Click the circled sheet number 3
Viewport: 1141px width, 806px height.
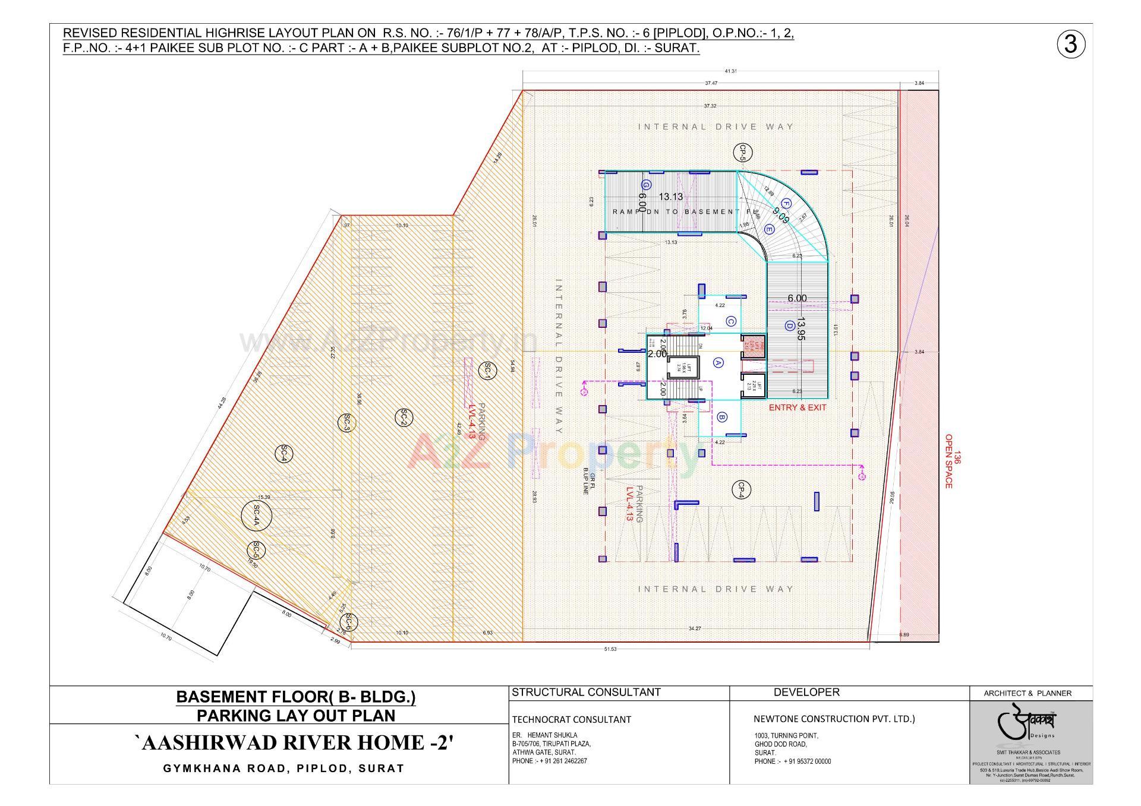pos(1071,45)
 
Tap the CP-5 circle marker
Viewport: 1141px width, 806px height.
pos(742,152)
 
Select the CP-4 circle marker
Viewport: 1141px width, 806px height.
pos(742,489)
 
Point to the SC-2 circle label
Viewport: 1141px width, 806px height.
pos(404,417)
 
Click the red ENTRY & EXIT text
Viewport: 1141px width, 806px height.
pos(797,407)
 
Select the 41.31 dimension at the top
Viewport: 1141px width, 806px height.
pos(730,71)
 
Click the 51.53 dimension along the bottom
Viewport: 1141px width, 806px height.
pos(610,649)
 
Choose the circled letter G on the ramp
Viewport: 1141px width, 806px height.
pos(647,184)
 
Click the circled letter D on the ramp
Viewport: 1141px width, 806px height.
pos(790,325)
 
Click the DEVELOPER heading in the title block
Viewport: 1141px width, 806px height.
pos(806,693)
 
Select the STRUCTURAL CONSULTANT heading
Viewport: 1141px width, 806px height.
pos(586,693)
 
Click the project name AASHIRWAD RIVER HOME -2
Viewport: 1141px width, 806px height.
pos(295,743)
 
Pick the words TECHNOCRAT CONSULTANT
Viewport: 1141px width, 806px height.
pos(571,720)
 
